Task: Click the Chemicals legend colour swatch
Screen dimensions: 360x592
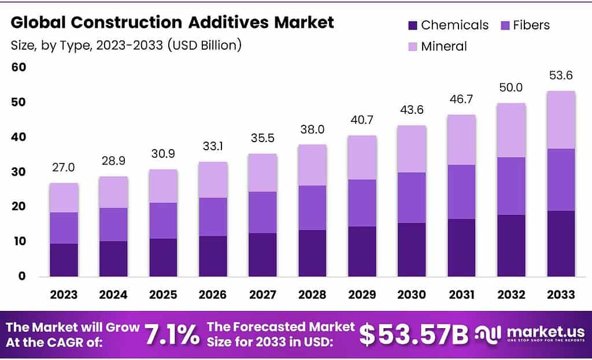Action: tap(412, 25)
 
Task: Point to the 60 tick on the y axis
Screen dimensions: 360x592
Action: tap(18, 68)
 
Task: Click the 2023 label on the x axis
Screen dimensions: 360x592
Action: tap(64, 295)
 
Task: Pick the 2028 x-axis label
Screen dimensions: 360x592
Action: tap(312, 295)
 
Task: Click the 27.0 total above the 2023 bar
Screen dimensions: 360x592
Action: tap(64, 168)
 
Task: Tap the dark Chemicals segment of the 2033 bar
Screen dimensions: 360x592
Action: tap(561, 243)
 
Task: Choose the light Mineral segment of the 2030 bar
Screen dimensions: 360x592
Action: tap(412, 149)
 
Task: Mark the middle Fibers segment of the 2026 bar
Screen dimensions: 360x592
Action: tap(213, 217)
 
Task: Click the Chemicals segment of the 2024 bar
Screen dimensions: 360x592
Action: tap(113, 258)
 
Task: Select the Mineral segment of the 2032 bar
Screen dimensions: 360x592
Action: tap(511, 130)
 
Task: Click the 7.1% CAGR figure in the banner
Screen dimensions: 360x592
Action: tap(171, 335)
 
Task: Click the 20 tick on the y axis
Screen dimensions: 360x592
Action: tap(18, 207)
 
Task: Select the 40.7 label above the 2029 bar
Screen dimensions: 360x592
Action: tap(362, 122)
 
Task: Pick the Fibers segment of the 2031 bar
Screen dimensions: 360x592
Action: tap(461, 192)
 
